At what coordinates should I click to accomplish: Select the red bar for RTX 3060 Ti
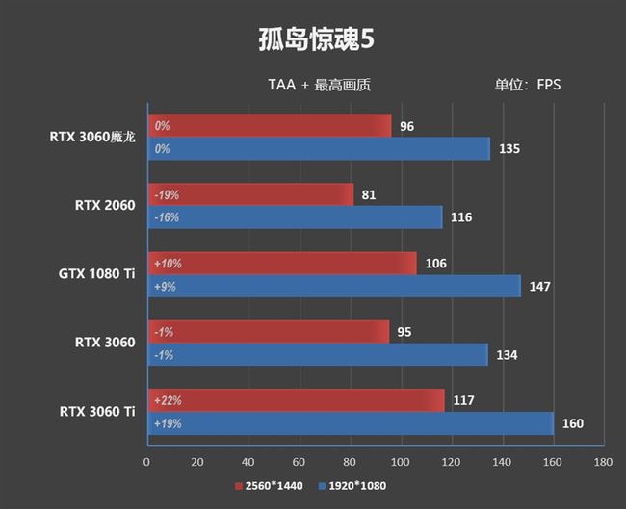296,400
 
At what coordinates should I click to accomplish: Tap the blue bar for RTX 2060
294,217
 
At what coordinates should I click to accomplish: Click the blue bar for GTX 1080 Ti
333,287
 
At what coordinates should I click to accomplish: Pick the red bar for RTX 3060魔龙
269,126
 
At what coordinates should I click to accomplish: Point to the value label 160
572,423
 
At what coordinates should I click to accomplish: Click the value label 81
369,194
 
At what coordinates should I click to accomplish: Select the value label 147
538,287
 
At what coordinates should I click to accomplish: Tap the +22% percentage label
168,400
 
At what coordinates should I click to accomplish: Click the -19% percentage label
167,194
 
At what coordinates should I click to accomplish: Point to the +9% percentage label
166,287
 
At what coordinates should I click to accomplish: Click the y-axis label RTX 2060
104,204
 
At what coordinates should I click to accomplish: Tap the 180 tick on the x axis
603,462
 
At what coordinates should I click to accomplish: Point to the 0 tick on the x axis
146,462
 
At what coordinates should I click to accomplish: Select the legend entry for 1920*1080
352,487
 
